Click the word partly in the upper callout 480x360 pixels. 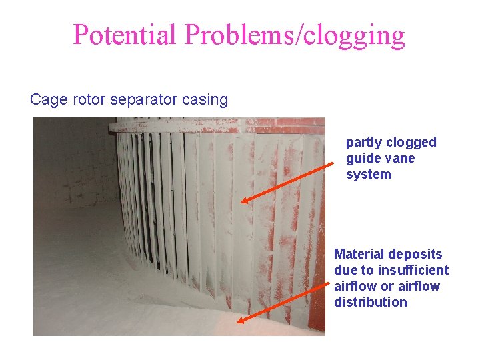364,143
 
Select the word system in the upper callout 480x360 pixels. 368,175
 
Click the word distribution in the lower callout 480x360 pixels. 370,302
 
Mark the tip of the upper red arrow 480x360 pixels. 241,201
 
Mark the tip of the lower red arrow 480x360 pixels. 237,322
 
